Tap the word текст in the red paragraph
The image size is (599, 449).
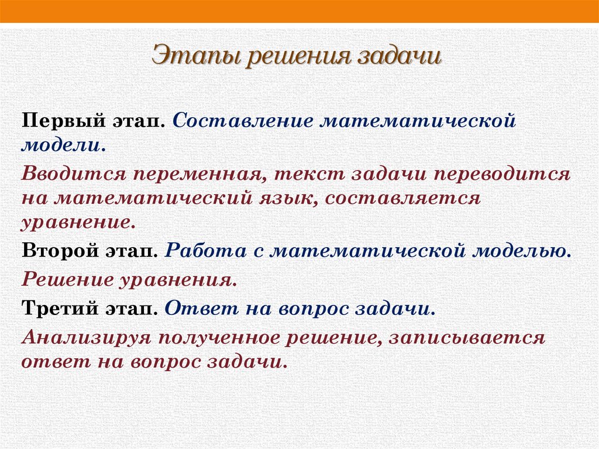point(312,175)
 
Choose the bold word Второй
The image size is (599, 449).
point(56,252)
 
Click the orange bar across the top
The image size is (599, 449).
point(299,11)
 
